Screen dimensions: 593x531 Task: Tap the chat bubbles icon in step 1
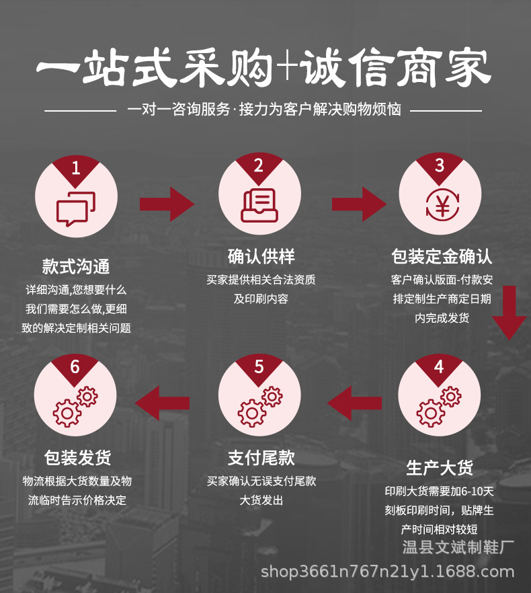76,208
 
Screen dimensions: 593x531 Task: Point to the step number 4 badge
439,367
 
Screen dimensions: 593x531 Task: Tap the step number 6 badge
75,367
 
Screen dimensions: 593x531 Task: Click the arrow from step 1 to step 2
166,204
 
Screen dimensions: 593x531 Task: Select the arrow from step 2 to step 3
359,204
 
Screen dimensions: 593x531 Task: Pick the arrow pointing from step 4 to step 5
354,403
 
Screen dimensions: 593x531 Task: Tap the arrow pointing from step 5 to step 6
162,403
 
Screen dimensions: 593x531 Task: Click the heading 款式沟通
76,266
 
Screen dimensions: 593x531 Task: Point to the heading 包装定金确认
442,256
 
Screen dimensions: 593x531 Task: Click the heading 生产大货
440,467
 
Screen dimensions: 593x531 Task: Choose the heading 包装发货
77,459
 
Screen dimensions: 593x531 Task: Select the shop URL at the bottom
387,572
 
